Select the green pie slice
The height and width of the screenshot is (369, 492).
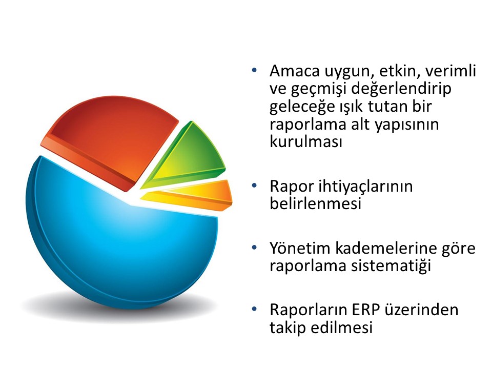pos(188,157)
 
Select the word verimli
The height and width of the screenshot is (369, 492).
pos(450,71)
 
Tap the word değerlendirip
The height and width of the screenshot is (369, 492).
pos(401,89)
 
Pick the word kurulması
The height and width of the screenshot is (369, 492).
pos(305,141)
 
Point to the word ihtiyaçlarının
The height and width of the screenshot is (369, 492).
pos(365,187)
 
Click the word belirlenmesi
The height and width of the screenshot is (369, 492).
pos(315,203)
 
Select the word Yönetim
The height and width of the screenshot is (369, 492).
pos(301,248)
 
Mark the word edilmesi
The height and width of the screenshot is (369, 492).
pos(342,327)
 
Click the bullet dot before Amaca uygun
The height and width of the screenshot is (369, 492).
pos(254,70)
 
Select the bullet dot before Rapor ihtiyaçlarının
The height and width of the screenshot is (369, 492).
pos(254,186)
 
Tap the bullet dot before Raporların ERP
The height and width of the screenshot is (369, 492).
pos(254,309)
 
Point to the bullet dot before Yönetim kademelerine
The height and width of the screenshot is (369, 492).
pos(254,247)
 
